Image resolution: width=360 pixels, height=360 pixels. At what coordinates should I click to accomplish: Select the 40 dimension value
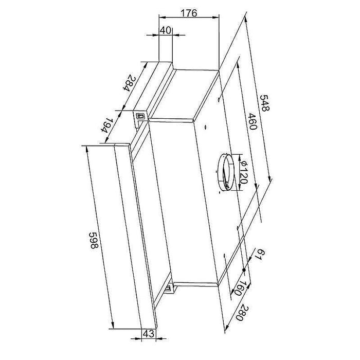coord(165,30)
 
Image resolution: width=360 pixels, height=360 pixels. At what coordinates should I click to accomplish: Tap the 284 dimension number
coord(132,82)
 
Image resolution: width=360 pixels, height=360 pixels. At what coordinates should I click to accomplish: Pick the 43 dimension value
coord(148,333)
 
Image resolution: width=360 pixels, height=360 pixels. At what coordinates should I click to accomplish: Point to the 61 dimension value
coord(261,255)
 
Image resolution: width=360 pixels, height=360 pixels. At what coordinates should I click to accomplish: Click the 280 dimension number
coord(241,312)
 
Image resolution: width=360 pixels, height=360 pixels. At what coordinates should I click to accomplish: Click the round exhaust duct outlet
coord(225,170)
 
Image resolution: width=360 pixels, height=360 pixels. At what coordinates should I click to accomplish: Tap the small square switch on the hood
coord(139,116)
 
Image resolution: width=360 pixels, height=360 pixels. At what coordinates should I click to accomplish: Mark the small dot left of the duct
coord(205,127)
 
